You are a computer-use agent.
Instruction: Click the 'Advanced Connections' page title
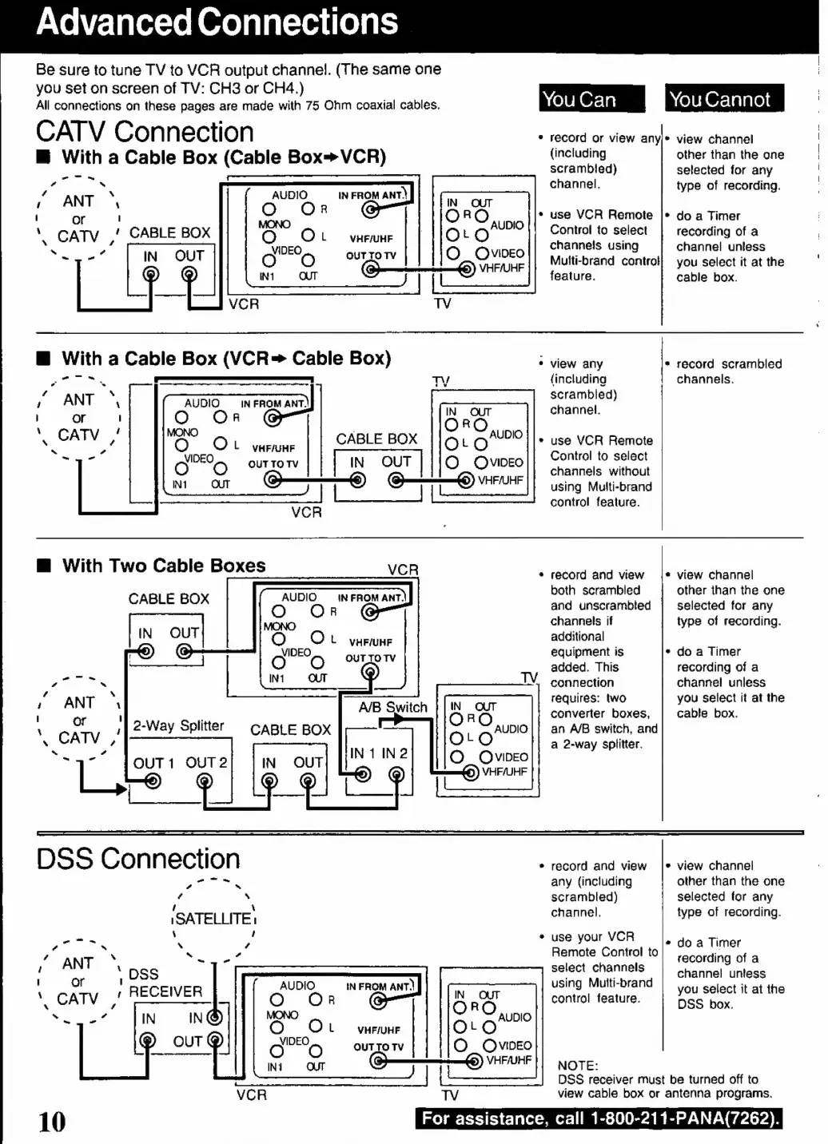[217, 22]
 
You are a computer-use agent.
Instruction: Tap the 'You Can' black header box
[591, 98]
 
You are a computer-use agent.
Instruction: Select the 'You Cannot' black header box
[724, 97]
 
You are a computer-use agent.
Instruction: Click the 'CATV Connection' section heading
[145, 132]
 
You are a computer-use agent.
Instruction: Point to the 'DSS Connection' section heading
[138, 859]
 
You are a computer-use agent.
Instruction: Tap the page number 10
[52, 1122]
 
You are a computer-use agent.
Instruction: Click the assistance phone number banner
[599, 1118]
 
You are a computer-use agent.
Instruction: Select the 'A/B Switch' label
[392, 707]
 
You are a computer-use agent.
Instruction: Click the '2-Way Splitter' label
[178, 725]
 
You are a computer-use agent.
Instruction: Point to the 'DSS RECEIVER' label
[165, 983]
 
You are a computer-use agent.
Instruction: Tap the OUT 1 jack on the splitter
[153, 781]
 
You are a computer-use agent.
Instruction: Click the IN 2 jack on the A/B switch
[396, 775]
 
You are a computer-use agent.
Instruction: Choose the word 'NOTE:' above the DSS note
[578, 1066]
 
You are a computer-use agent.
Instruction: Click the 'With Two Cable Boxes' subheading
[164, 566]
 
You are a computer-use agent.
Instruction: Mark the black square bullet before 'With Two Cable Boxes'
[45, 566]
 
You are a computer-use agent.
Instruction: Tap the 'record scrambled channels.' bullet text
[729, 371]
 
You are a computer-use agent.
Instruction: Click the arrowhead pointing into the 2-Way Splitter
[121, 789]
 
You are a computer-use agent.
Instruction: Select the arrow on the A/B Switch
[392, 719]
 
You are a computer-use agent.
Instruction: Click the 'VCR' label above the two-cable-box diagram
[403, 570]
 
